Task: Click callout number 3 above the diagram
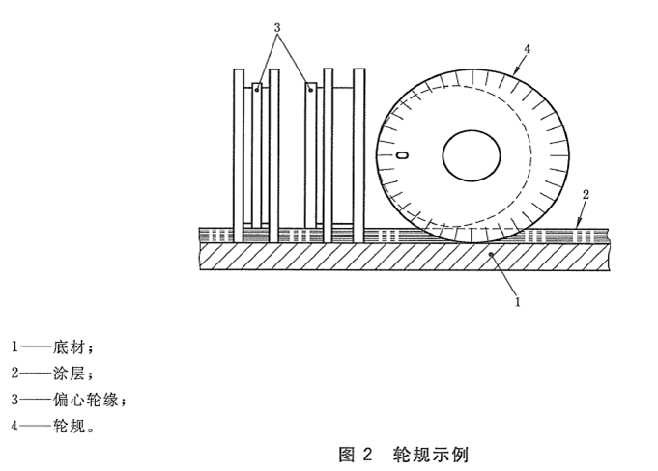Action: [277, 28]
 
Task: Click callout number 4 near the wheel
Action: [527, 47]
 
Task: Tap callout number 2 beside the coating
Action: [585, 194]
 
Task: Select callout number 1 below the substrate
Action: [518, 301]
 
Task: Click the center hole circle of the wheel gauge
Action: [471, 153]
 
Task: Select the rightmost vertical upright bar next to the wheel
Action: [359, 154]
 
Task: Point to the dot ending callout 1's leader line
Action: [492, 254]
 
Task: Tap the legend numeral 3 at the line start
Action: [15, 398]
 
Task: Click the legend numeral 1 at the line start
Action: [15, 346]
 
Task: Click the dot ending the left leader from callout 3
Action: [257, 89]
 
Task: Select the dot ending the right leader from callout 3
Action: [311, 89]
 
